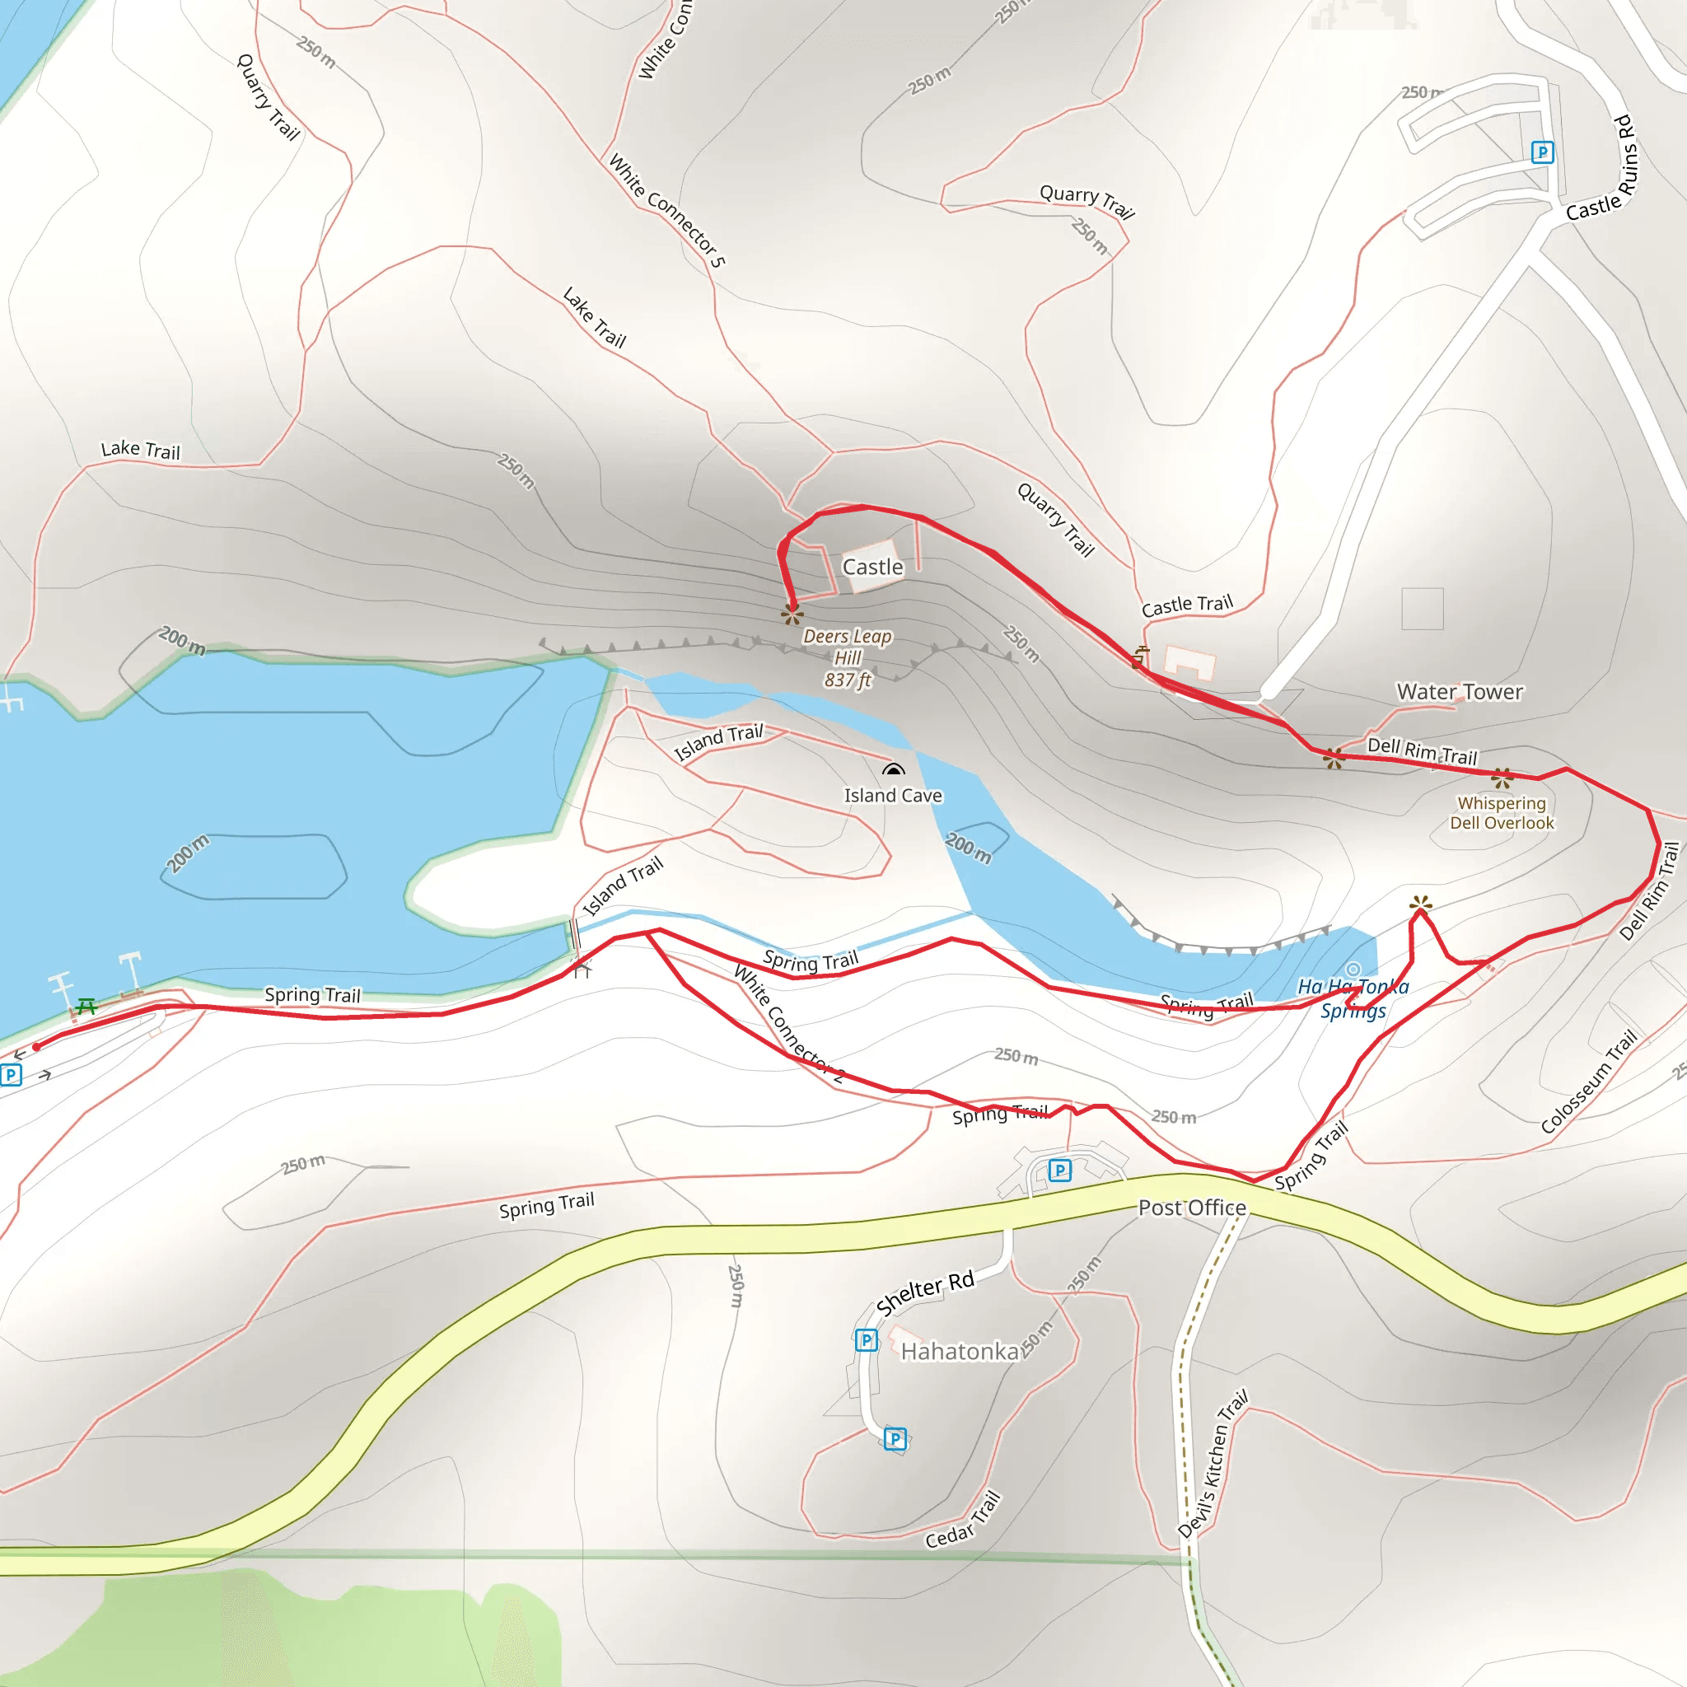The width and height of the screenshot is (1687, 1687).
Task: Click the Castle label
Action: (x=872, y=568)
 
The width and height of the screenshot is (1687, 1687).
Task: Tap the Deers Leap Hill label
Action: (x=847, y=658)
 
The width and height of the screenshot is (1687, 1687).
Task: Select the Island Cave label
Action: (x=892, y=796)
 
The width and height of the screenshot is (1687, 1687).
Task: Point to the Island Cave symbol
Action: (x=892, y=770)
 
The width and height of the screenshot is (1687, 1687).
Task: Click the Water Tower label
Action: (x=1459, y=693)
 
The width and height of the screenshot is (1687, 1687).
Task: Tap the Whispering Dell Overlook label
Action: (x=1502, y=813)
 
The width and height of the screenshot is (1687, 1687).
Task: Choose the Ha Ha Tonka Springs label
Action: (x=1353, y=998)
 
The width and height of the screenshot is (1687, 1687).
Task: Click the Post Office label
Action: (x=1192, y=1208)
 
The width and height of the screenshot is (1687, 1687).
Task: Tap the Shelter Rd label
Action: (x=925, y=1293)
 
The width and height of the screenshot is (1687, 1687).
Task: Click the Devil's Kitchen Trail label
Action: (x=1213, y=1464)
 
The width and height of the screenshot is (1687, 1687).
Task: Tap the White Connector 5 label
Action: (x=667, y=210)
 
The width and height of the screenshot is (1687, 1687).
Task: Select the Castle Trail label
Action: (x=1187, y=605)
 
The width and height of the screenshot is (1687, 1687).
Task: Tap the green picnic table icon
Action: (x=86, y=1007)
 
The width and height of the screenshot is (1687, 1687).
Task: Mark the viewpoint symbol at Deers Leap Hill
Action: (x=792, y=613)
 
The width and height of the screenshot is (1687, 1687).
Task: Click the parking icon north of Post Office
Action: (x=1059, y=1170)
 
